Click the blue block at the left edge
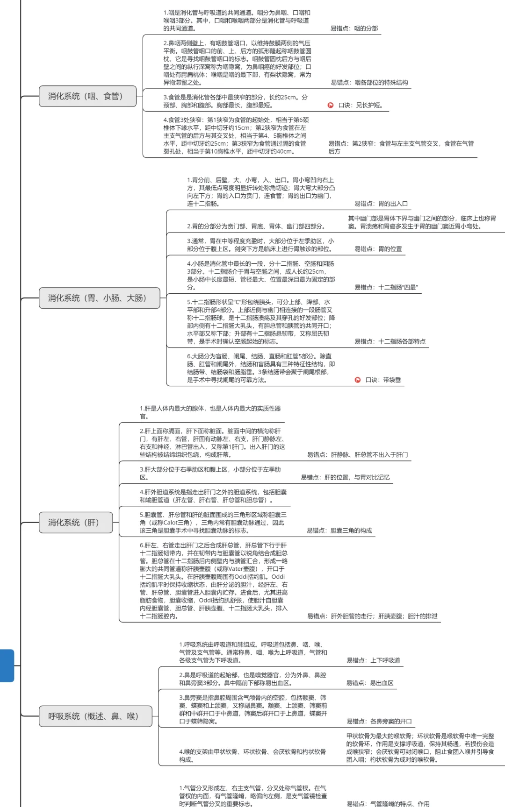(x=7, y=665)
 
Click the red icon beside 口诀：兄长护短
(x=331, y=106)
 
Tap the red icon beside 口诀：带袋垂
(x=358, y=380)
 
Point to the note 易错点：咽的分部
(x=354, y=28)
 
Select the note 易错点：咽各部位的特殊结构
(x=369, y=83)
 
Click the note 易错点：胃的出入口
(x=381, y=204)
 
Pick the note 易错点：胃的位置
(x=378, y=249)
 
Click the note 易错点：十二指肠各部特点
(x=390, y=341)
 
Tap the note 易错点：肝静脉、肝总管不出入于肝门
(x=357, y=454)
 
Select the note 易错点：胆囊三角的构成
(x=339, y=531)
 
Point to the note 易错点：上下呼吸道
(x=373, y=660)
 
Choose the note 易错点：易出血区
(x=370, y=683)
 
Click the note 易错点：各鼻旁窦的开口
(x=379, y=721)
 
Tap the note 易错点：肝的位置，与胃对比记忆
(x=345, y=477)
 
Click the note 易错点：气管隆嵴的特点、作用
(x=388, y=804)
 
